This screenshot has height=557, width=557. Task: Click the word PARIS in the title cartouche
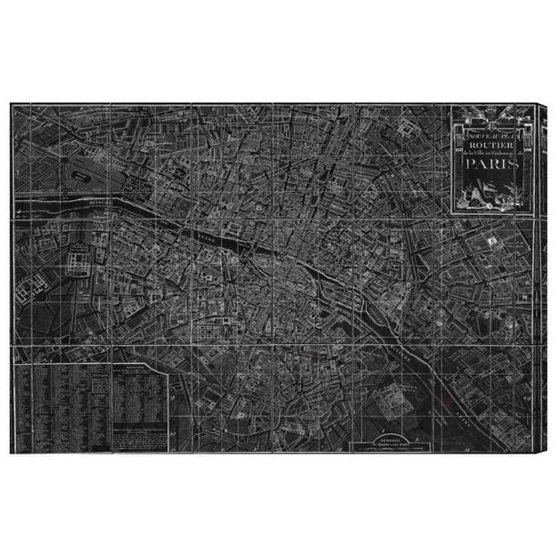coord(490,166)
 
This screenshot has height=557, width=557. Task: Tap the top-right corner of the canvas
coord(544,105)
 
